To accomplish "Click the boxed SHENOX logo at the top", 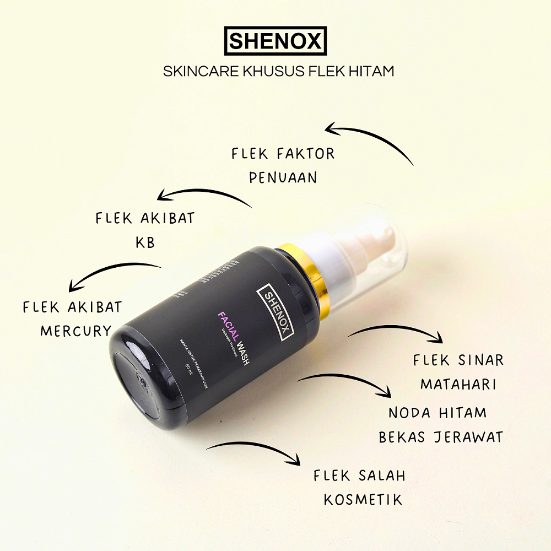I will tap(275, 41).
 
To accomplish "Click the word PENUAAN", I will tap(283, 177).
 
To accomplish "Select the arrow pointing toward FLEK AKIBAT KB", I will tap(204, 196).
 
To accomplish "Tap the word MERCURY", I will tap(76, 331).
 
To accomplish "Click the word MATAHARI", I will tap(458, 383).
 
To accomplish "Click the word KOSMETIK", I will tap(363, 500).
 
